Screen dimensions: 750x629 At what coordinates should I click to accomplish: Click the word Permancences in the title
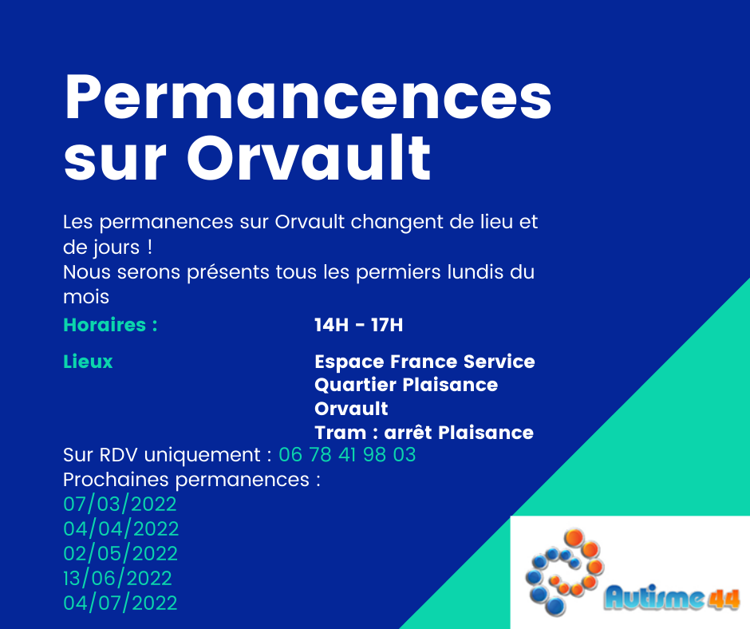coord(308,97)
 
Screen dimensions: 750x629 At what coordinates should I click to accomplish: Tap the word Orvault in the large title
coord(309,157)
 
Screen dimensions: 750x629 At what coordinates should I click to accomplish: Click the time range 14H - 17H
coord(359,325)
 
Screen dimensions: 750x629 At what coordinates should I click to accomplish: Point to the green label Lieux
coord(88,362)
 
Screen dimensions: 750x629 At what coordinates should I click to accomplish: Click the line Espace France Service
coord(424,362)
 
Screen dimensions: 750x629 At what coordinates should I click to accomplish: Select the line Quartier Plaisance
coord(406,385)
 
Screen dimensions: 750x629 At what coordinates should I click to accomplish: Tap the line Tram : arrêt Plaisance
coord(424,433)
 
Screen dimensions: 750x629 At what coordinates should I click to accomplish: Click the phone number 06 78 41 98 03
coord(347,455)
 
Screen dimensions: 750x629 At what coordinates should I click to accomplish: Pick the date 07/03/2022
coord(120,504)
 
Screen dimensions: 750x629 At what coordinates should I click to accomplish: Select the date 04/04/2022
coord(121,529)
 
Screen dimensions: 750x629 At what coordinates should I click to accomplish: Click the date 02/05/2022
coord(120,554)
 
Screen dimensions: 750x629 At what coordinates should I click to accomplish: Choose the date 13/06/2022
coord(117,579)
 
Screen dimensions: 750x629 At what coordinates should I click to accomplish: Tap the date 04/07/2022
coord(120,603)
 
